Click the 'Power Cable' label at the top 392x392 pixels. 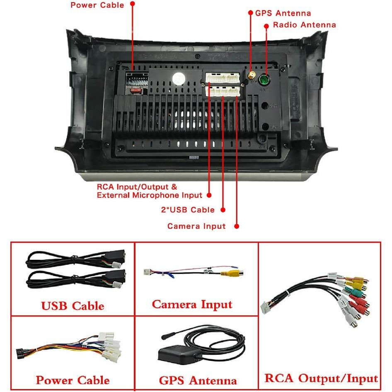97,5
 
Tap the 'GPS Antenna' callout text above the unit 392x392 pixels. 283,13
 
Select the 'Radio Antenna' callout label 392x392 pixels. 304,25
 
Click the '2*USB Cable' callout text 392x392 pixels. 188,210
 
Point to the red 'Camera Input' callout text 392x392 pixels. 196,226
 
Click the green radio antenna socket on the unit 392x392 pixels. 264,79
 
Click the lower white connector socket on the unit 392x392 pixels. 224,91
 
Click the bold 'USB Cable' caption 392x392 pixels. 73,306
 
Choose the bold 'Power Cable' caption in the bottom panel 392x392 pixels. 73,380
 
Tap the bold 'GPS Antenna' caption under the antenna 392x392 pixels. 198,380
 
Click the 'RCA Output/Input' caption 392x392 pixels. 321,378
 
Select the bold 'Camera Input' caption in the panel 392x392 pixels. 192,305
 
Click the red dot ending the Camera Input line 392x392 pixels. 237,226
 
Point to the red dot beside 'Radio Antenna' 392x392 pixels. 267,25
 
